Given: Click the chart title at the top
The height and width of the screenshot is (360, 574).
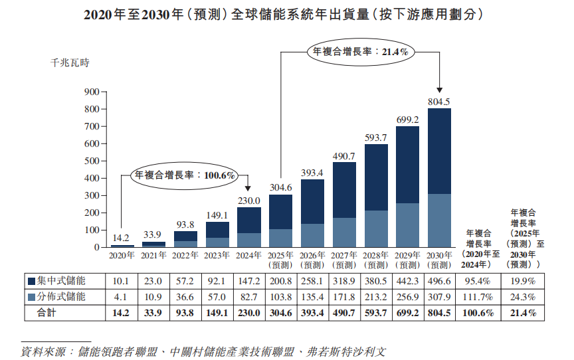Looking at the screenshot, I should point(287,14).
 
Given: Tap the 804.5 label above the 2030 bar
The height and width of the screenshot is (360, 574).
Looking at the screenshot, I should point(439,102).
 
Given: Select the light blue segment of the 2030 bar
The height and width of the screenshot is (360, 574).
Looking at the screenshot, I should point(439,221).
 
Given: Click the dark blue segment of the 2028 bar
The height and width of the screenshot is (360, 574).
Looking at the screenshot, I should point(376,177).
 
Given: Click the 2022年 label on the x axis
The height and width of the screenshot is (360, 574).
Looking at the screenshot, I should point(185,255).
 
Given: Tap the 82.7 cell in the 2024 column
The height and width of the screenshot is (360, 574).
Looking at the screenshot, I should point(249,296).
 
